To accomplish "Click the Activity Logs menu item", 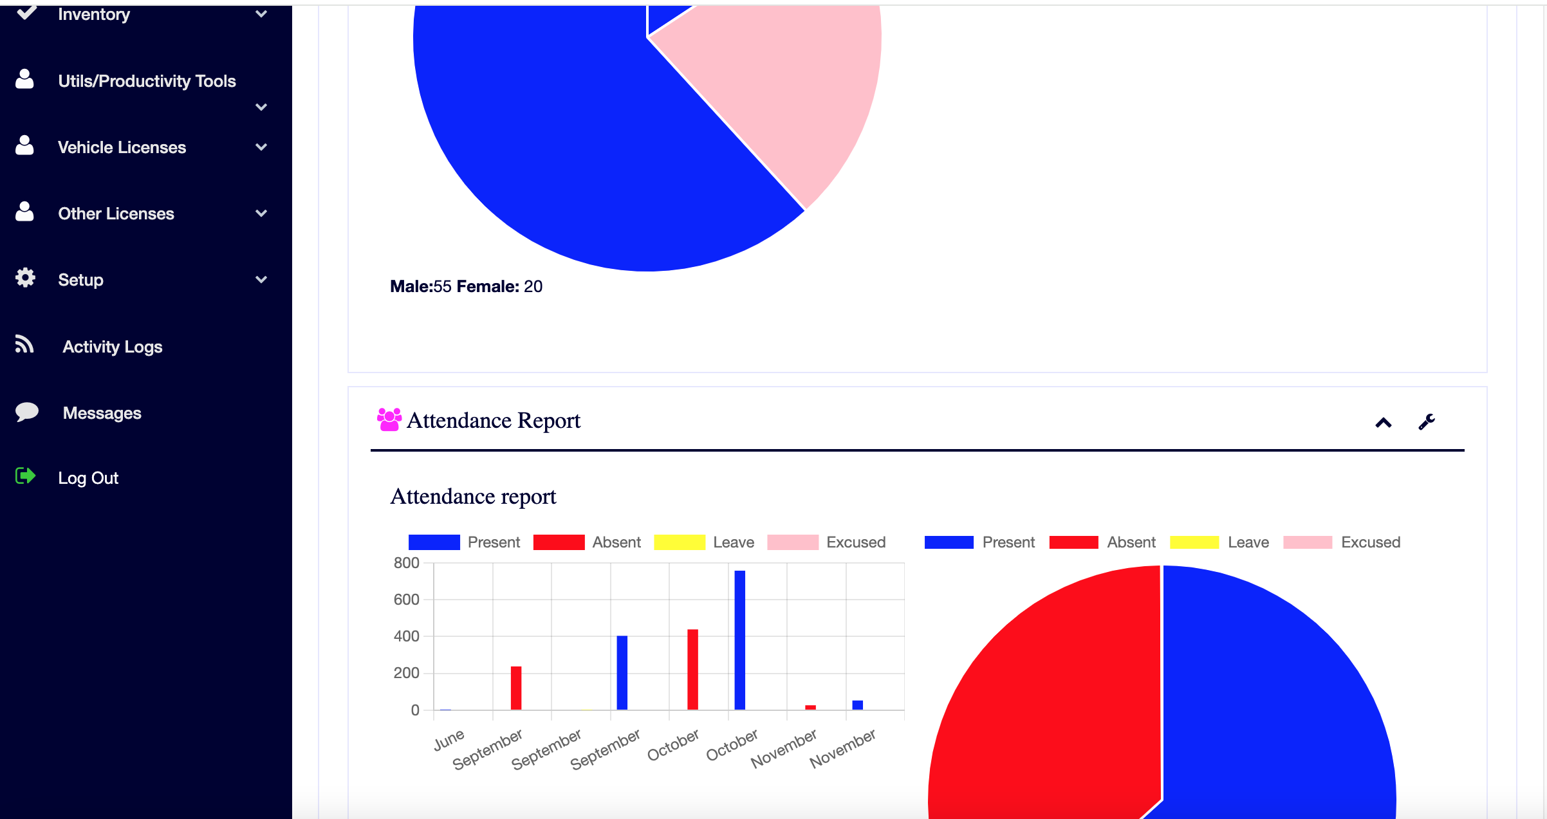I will coord(112,347).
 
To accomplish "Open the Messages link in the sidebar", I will coord(102,413).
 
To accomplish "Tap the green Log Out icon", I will coord(25,476).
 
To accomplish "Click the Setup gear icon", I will coord(25,278).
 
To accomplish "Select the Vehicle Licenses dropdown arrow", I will coord(261,147).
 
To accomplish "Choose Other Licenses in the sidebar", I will coord(116,214).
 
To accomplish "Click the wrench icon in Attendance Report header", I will coord(1426,422).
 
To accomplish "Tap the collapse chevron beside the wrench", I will coord(1383,423).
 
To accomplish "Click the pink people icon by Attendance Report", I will coord(389,419).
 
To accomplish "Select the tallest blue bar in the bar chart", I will coord(739,640).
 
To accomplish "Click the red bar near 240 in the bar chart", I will coord(515,688).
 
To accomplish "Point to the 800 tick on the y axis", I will coord(406,563).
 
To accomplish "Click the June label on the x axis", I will coord(449,740).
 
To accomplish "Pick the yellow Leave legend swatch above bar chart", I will coord(679,542).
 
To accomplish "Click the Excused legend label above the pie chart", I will coord(1370,542).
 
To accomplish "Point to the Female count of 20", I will coord(533,286).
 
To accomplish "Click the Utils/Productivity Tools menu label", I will coord(147,81).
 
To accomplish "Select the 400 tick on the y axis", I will coord(406,636).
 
